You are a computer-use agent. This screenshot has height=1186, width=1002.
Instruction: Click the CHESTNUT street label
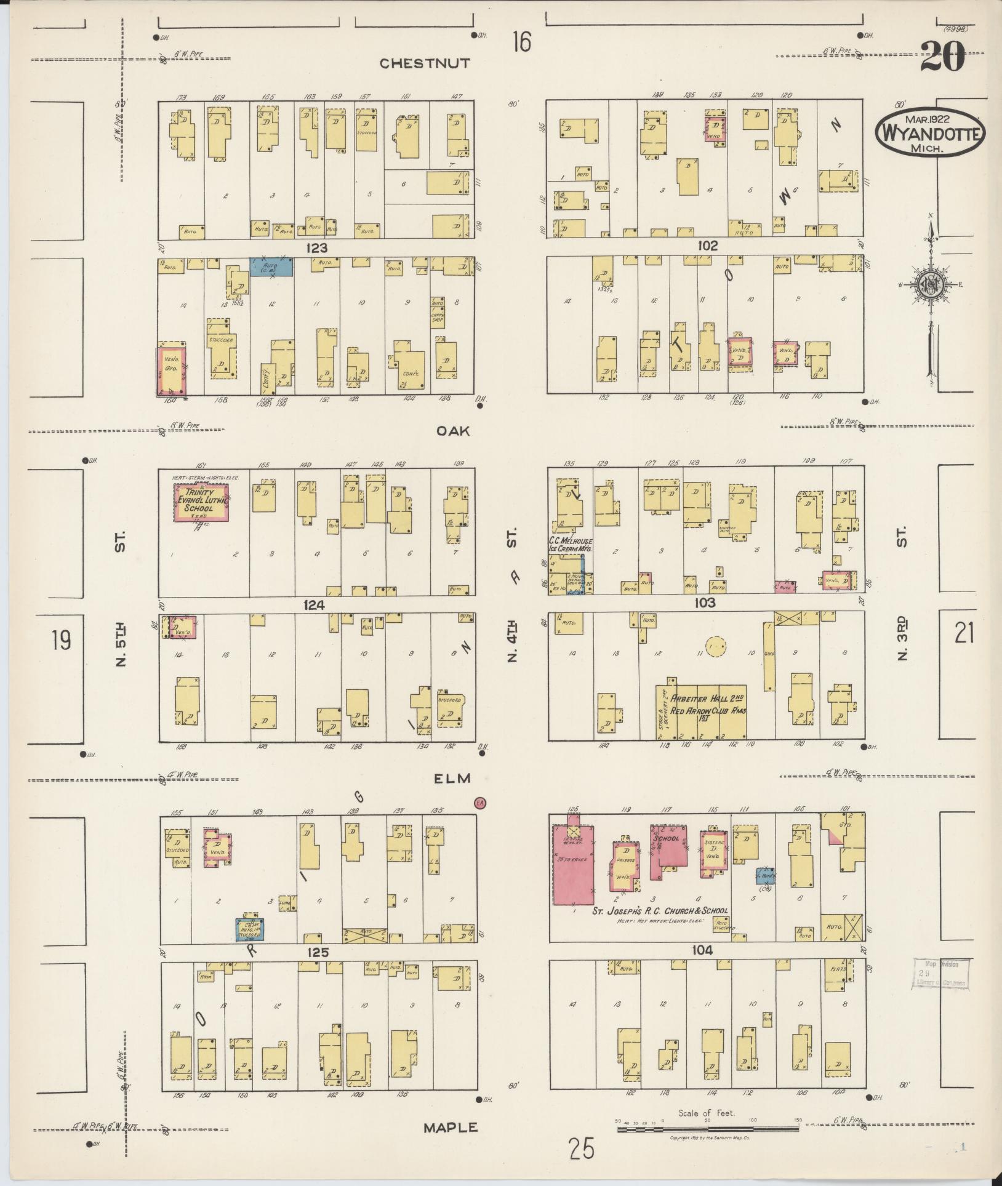(425, 63)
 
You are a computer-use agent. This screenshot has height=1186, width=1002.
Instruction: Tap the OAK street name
(453, 431)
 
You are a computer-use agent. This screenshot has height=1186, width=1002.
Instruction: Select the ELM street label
(452, 779)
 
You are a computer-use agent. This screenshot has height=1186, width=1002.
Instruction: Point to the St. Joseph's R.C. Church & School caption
(660, 910)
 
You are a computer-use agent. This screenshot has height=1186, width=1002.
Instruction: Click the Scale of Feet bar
(707, 1126)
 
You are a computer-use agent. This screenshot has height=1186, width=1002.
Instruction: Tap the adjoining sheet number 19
(61, 641)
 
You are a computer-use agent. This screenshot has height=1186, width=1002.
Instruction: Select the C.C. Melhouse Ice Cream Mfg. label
(570, 543)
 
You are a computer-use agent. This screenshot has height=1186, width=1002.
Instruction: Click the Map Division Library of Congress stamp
(939, 974)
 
